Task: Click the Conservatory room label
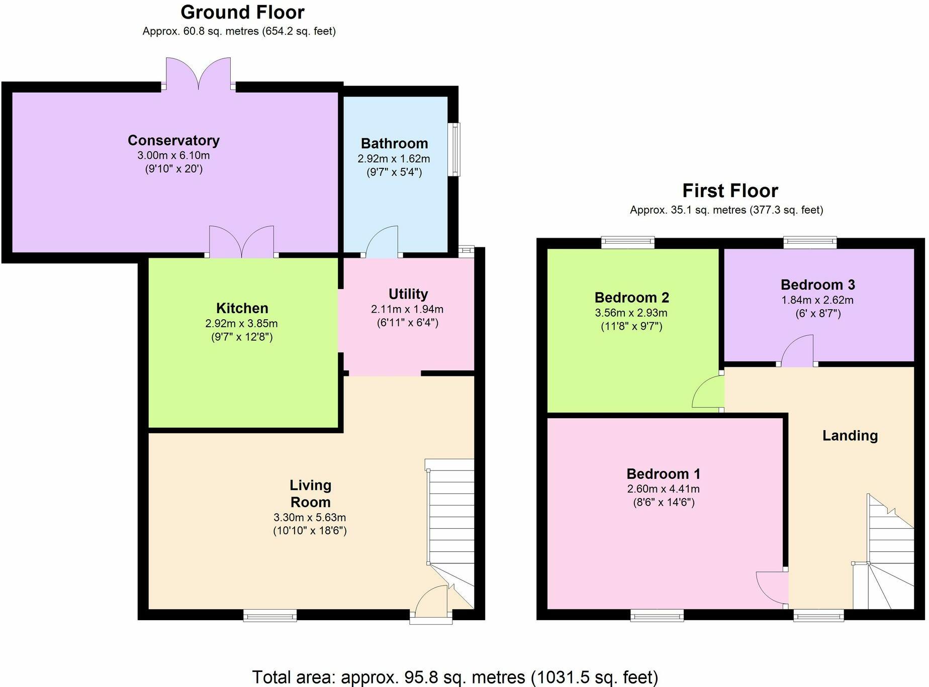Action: [173, 140]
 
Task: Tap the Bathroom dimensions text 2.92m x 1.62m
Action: [394, 159]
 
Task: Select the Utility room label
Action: [408, 294]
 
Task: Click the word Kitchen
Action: [242, 308]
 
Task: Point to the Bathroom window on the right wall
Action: [454, 149]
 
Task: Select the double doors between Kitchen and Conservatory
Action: [242, 242]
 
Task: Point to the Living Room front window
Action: [270, 615]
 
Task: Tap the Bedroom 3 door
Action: [797, 351]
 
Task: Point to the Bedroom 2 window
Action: [628, 243]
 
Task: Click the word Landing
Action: [850, 436]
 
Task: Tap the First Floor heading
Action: [730, 191]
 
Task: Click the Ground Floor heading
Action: [242, 12]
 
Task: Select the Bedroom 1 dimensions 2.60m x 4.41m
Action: [663, 489]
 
